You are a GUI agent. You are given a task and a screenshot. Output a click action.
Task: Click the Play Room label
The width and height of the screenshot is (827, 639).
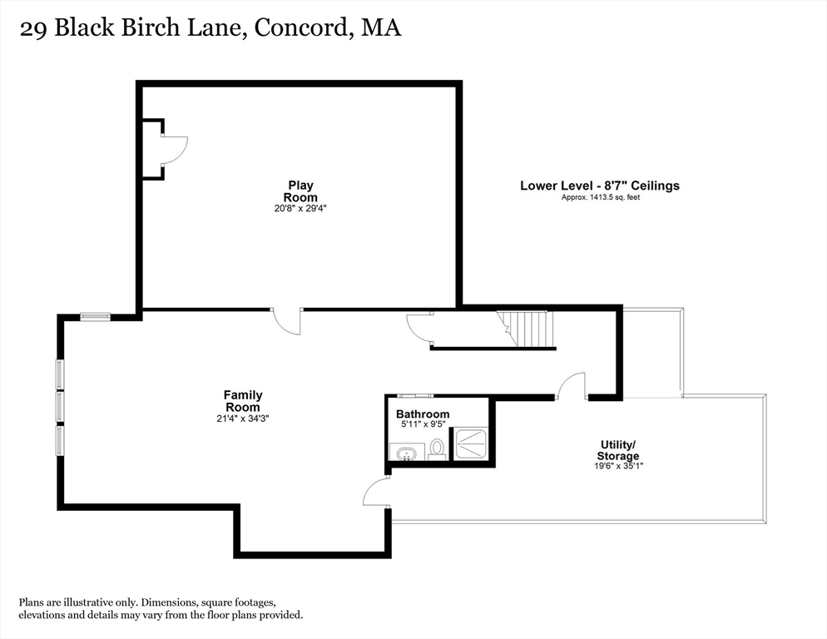pos(301,191)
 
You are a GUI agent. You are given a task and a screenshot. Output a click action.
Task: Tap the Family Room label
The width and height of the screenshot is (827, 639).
pos(243,400)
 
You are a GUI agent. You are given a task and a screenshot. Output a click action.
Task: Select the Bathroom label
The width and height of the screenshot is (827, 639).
pos(423,414)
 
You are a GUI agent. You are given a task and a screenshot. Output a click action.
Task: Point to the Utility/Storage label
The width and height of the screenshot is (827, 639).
pos(618,450)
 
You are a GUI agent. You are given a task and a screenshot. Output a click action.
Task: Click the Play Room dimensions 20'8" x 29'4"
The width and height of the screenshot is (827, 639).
pos(301,208)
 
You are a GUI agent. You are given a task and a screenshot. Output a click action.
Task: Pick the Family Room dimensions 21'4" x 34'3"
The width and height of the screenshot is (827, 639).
pos(243,419)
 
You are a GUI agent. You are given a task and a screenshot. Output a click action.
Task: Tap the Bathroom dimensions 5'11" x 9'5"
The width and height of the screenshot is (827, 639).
pos(423,424)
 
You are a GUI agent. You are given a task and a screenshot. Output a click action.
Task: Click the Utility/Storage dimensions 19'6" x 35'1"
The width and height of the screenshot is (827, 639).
pos(617,466)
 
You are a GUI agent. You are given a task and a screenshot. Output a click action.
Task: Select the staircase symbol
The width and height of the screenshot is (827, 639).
pos(526,329)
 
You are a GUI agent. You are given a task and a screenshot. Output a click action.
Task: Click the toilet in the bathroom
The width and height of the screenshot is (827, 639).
pos(438,450)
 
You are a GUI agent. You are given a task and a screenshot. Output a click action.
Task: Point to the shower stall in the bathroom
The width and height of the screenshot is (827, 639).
pos(472,442)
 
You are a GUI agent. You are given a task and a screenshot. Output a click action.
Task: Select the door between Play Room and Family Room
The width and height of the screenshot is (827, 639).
pos(288,322)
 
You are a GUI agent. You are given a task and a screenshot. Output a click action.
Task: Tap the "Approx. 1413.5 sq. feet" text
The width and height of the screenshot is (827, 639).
pos(600,197)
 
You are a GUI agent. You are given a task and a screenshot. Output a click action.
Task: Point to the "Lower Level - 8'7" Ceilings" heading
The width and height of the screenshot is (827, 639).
pos(600,186)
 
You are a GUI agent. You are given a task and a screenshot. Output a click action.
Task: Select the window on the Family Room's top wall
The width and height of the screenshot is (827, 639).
pos(96,315)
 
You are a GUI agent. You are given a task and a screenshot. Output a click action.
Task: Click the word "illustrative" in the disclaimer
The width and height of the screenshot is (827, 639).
pos(92,602)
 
